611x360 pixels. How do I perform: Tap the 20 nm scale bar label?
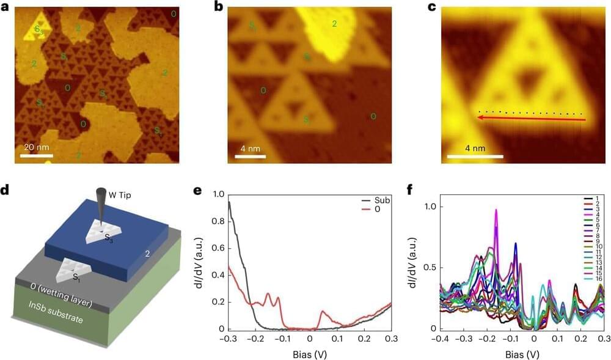(x=37, y=147)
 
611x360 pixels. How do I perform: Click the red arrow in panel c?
(x=532, y=119)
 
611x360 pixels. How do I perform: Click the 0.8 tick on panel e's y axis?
(x=217, y=221)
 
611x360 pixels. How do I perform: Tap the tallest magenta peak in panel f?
(x=496, y=210)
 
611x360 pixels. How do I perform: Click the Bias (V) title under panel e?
(x=309, y=354)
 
